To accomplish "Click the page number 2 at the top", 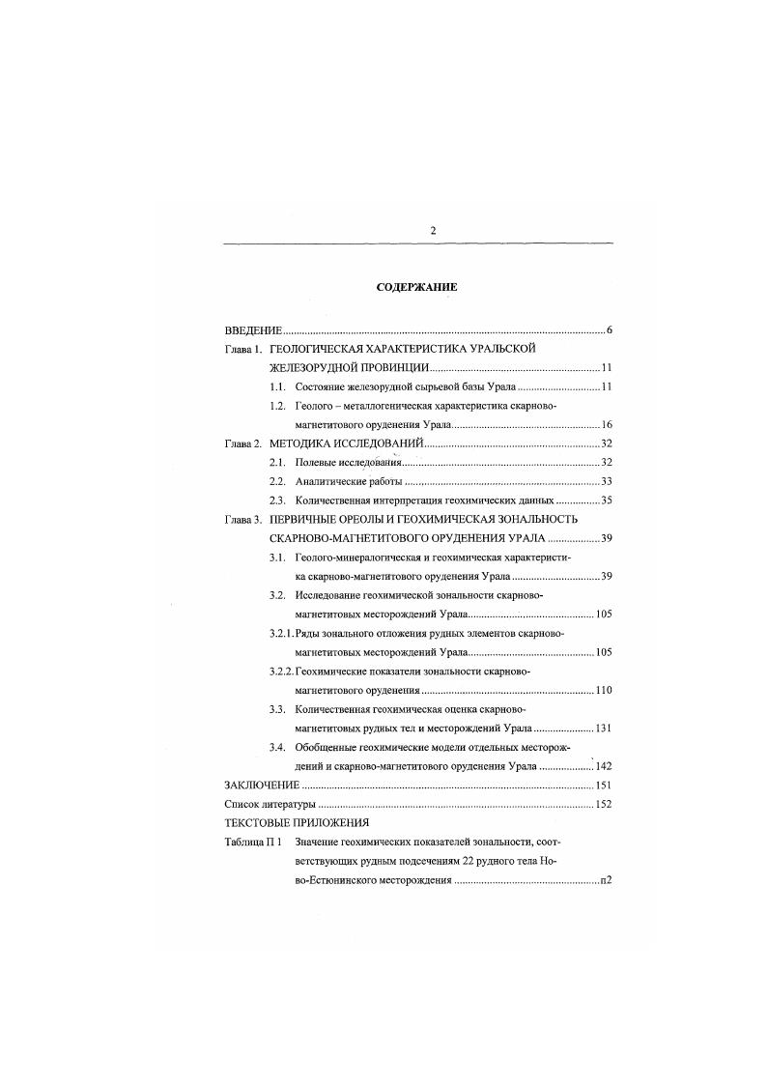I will (x=433, y=230).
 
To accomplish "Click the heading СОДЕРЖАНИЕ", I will (x=416, y=288).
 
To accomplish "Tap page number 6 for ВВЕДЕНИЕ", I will (x=610, y=331).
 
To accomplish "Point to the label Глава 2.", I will (x=242, y=443).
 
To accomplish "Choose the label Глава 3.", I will (x=242, y=519).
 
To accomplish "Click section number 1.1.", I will (x=277, y=387).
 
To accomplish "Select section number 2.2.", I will (x=277, y=481).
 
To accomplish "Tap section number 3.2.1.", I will (x=285, y=632).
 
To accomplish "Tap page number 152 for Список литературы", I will (x=604, y=803).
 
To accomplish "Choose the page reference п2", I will (x=607, y=881).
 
